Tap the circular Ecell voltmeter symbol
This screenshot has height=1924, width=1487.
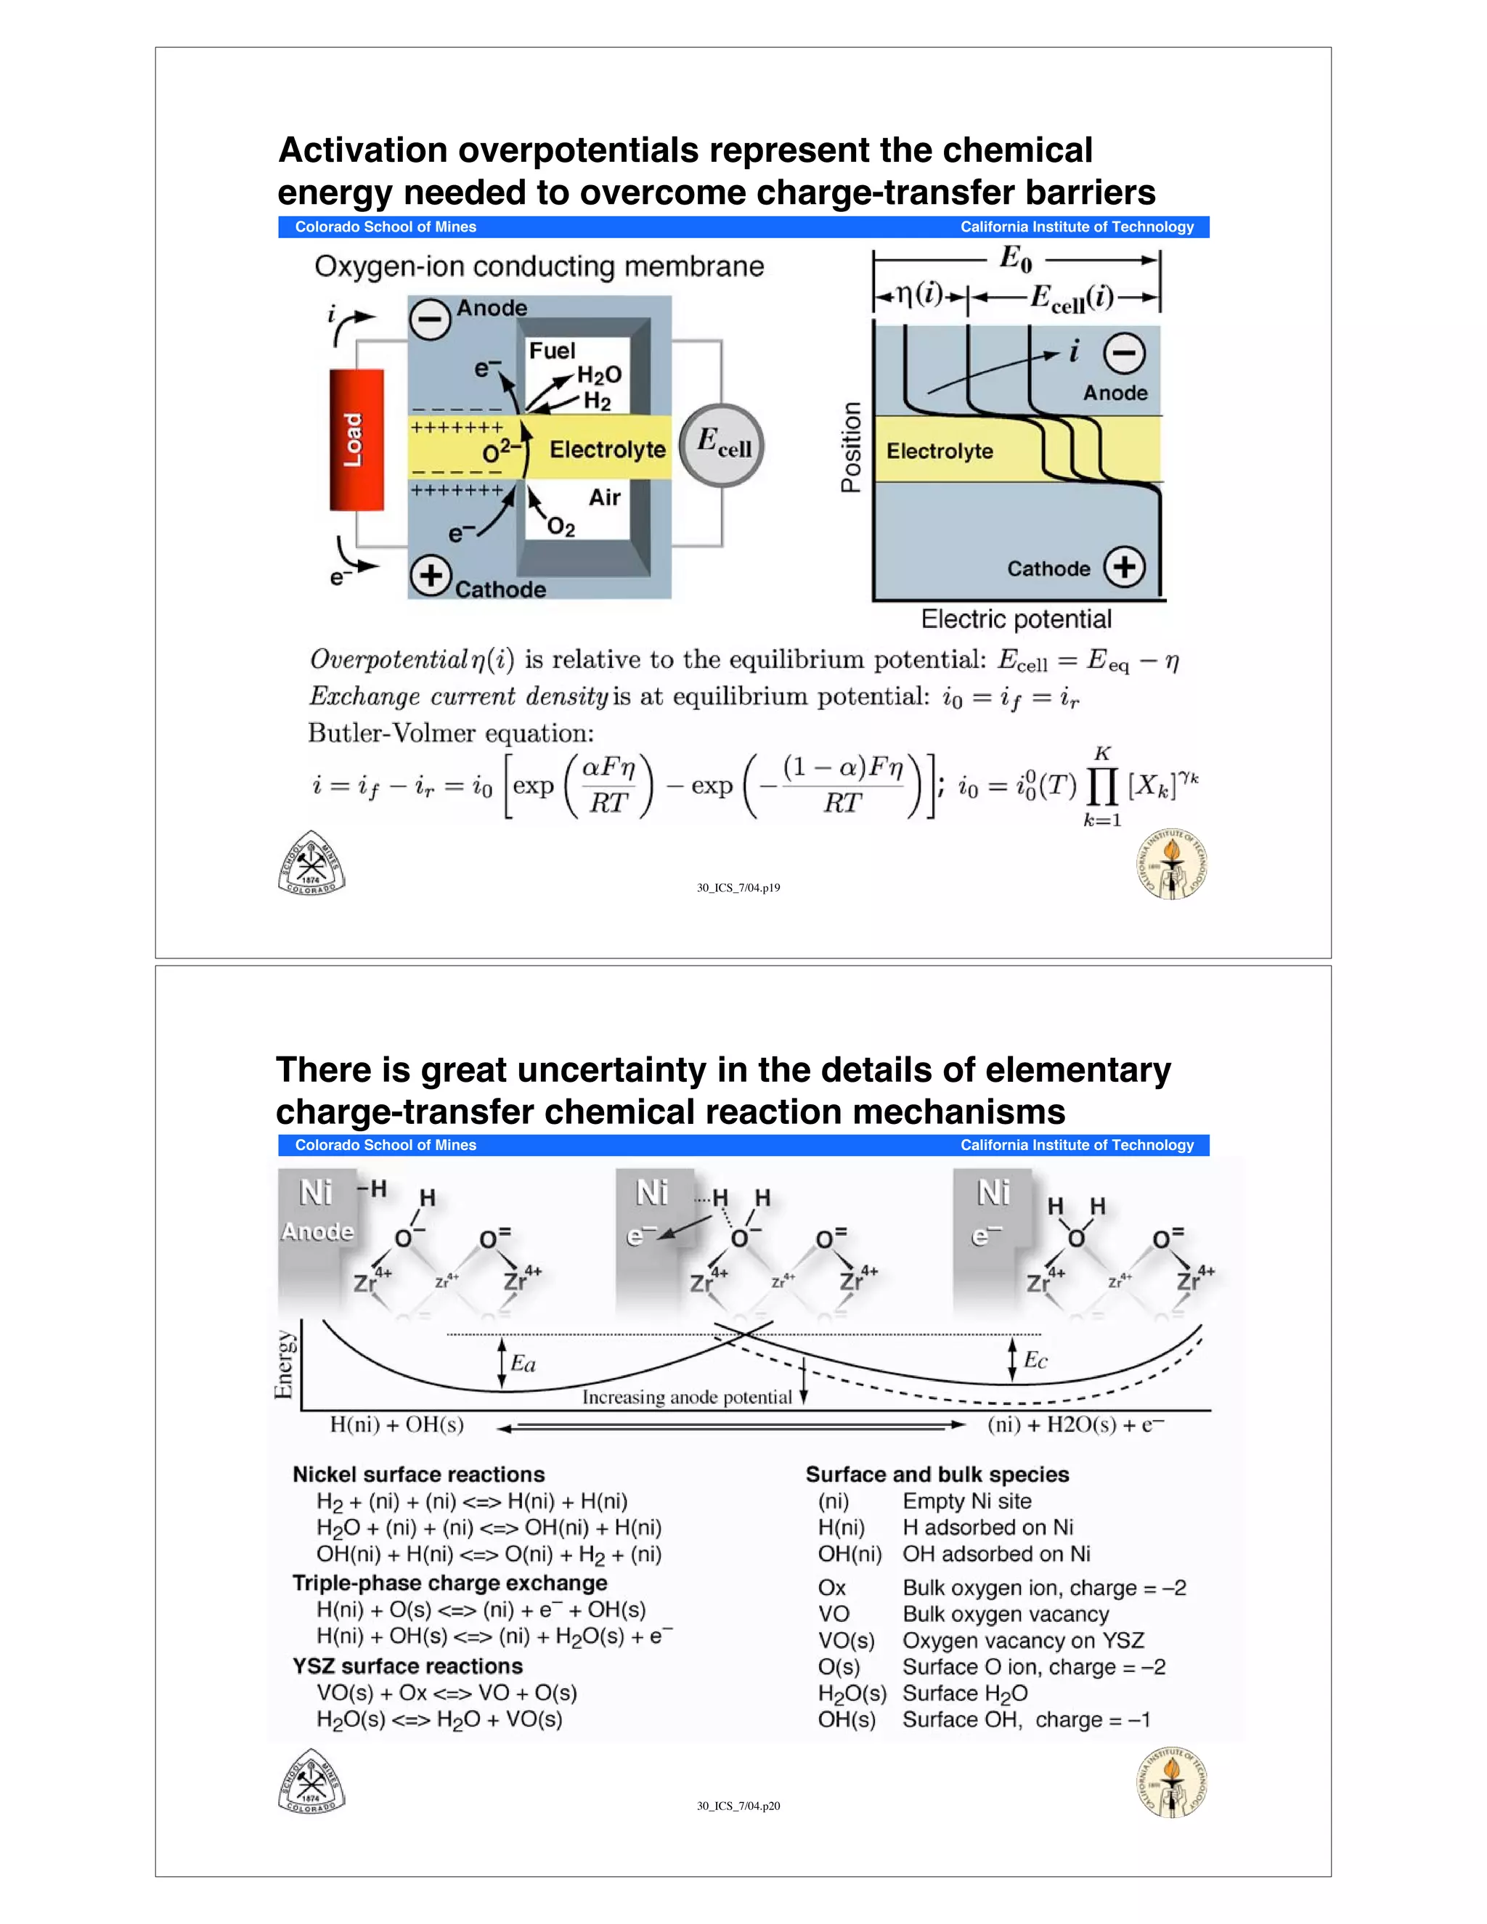tap(722, 444)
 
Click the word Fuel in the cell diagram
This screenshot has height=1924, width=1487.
tap(552, 351)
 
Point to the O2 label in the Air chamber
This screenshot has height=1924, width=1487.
tap(561, 527)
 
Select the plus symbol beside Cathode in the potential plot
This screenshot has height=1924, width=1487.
tap(1124, 566)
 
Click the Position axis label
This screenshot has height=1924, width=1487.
tap(851, 447)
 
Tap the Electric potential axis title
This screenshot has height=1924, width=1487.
tap(1016, 619)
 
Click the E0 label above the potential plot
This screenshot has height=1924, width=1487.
tap(1016, 258)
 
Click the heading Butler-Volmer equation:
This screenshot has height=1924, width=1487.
tap(450, 733)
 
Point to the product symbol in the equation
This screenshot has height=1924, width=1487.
tap(1101, 787)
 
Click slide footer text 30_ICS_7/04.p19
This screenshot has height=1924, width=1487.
tap(738, 887)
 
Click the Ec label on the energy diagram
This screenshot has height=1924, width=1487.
tap(1035, 1360)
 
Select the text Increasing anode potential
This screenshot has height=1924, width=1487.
tap(686, 1396)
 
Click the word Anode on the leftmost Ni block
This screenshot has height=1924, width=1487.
tap(317, 1231)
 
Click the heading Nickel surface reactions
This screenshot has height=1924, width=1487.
tap(418, 1474)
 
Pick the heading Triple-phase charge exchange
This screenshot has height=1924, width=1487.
tap(449, 1582)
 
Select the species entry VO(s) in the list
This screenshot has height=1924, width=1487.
tap(846, 1640)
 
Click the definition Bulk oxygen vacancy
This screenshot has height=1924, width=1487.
tap(1005, 1614)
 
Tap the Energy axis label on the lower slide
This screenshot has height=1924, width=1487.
tap(284, 1363)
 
